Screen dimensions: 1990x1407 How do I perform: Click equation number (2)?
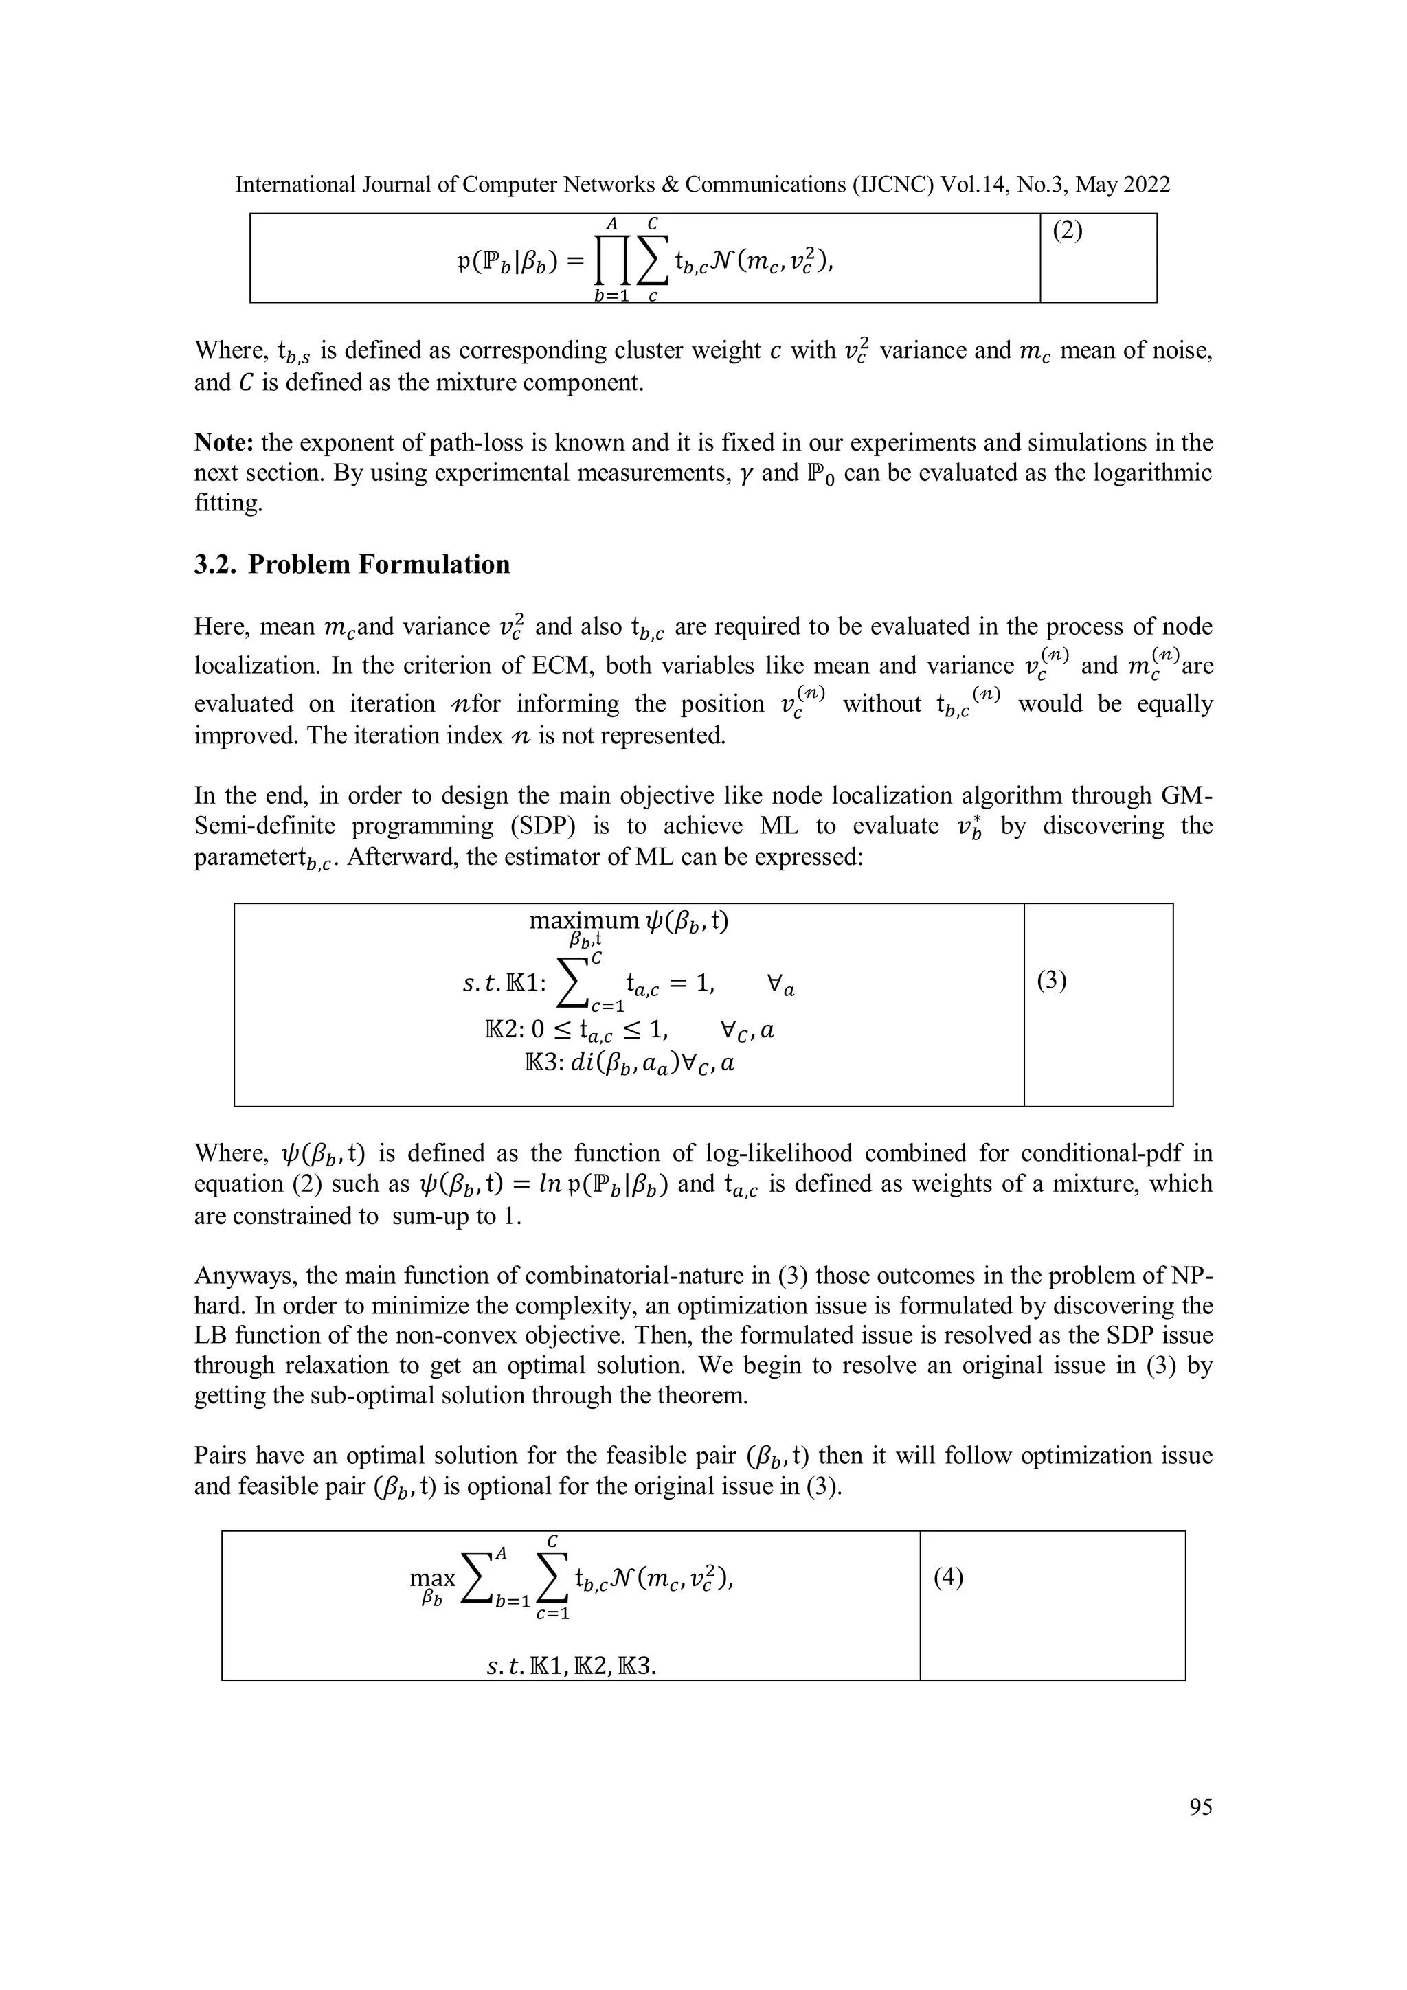1067,231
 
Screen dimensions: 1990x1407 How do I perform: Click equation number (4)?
948,1576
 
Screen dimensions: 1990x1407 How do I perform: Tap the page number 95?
1201,1807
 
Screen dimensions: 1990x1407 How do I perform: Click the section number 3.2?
215,565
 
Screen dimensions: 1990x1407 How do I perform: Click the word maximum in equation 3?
583,921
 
